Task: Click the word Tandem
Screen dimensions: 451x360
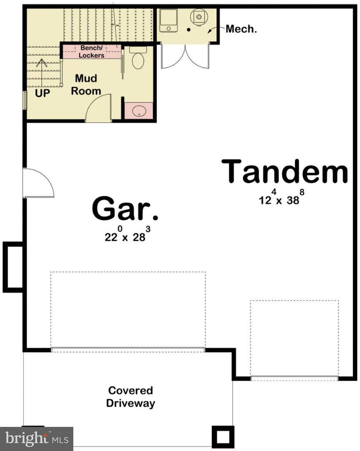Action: click(x=284, y=171)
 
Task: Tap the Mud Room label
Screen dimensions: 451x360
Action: click(x=86, y=85)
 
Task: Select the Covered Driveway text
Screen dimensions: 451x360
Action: click(x=131, y=397)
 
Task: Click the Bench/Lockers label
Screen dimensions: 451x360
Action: click(x=92, y=52)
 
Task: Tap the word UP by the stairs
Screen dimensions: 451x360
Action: click(x=42, y=93)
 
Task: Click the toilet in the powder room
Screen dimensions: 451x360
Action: click(x=138, y=59)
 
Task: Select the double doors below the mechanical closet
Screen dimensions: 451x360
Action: click(x=185, y=56)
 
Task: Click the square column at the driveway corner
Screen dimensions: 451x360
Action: click(x=223, y=437)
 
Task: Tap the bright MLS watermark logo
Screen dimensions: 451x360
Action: click(x=37, y=438)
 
